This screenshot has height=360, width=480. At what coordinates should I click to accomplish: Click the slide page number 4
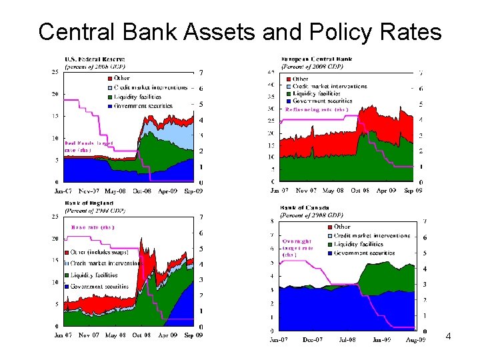[448, 337]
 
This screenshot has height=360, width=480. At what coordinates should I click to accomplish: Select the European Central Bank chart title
[317, 59]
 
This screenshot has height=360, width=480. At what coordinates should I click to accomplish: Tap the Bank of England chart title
[89, 203]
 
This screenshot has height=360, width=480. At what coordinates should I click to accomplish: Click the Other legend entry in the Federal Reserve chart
[122, 79]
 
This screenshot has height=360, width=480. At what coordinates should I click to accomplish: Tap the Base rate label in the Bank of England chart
[93, 227]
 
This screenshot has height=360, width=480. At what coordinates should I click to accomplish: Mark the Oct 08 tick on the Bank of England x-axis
[141, 335]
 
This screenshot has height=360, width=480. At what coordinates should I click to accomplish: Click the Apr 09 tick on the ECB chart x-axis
[387, 191]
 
